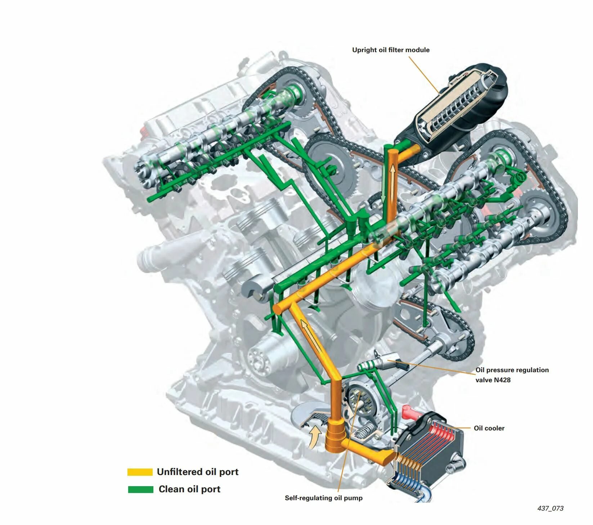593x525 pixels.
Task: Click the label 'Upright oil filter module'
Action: tap(391, 50)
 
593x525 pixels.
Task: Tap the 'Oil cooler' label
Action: tap(489, 428)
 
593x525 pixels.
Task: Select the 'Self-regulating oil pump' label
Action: tap(324, 498)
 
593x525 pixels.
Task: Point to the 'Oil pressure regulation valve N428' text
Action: tap(512, 375)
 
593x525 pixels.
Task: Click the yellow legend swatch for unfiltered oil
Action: tap(140, 472)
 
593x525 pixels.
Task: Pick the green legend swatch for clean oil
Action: tap(141, 489)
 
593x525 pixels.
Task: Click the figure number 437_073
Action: tap(550, 508)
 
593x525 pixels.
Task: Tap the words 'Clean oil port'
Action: tap(189, 489)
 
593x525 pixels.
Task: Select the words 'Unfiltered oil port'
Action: tap(198, 472)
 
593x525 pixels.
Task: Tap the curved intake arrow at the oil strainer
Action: tap(314, 436)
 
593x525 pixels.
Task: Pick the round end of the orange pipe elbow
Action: tap(277, 309)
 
